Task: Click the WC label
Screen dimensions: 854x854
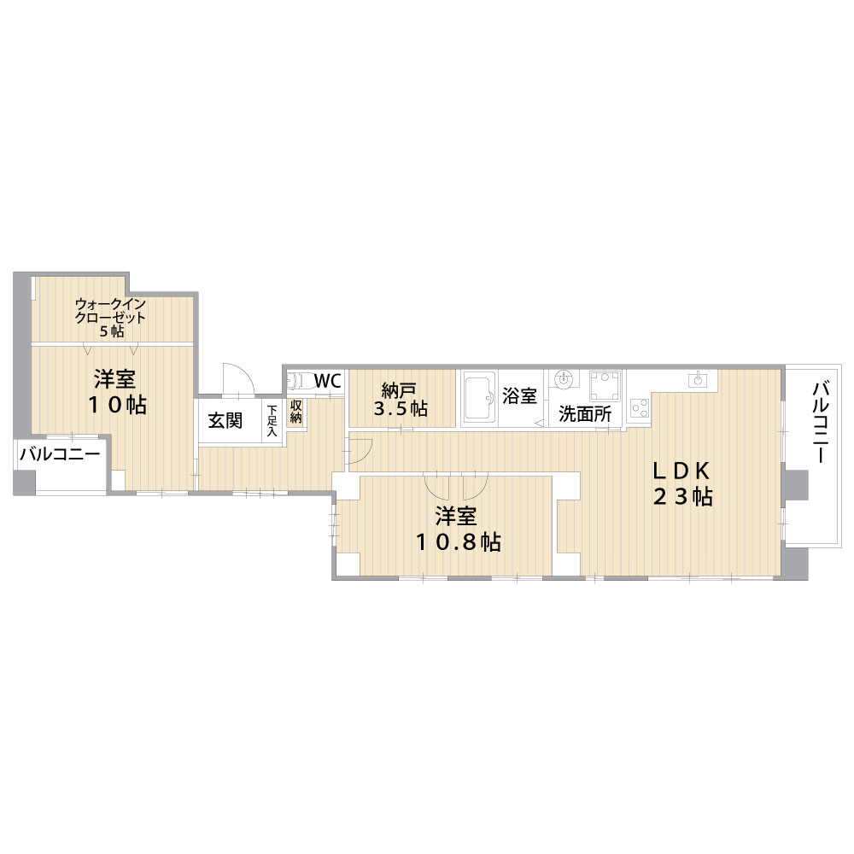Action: (x=327, y=381)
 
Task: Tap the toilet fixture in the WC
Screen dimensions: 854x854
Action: (x=298, y=381)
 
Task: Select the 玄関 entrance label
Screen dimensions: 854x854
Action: (x=225, y=420)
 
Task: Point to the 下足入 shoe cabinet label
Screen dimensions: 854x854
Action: (x=272, y=420)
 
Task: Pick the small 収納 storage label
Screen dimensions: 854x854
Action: (x=295, y=412)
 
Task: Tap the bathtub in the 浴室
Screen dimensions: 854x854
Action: (x=480, y=398)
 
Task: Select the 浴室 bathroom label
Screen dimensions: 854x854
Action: (x=519, y=396)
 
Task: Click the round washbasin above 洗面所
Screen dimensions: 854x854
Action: (x=563, y=378)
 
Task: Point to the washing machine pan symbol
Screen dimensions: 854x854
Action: (x=605, y=386)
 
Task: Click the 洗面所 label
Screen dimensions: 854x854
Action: (x=585, y=414)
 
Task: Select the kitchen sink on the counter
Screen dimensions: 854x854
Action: (x=698, y=380)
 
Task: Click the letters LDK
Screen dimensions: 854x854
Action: (x=681, y=470)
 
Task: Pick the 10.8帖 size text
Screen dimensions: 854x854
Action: (x=459, y=542)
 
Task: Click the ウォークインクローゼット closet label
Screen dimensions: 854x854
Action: (x=110, y=311)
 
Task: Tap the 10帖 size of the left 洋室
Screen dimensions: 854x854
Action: (x=118, y=405)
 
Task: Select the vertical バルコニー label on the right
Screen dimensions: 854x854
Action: (x=821, y=422)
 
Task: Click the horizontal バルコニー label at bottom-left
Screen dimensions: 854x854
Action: (x=60, y=454)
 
